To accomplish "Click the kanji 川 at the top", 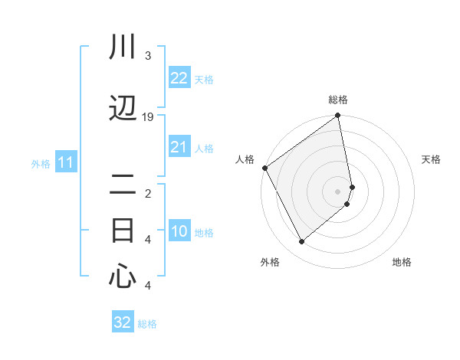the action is [123, 47].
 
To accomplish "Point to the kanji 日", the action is [123, 231].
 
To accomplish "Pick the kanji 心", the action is [123, 277].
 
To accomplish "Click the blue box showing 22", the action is [179, 78].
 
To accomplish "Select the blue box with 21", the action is [179, 147].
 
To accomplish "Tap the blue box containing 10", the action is [179, 232].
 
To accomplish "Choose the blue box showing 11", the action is [65, 162].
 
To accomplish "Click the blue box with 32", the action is [123, 322].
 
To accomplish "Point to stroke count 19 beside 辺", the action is [148, 117].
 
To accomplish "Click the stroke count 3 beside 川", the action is [148, 56].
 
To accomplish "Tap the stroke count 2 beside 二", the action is [148, 194].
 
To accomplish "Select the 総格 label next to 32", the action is [147, 324].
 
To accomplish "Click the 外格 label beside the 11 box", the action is [41, 163].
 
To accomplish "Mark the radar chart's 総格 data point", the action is [337, 116].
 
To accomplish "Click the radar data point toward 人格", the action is [264, 168].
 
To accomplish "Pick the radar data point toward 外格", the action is [301, 241].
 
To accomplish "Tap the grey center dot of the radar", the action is [337, 191].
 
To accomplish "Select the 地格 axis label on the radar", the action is [402, 262].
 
